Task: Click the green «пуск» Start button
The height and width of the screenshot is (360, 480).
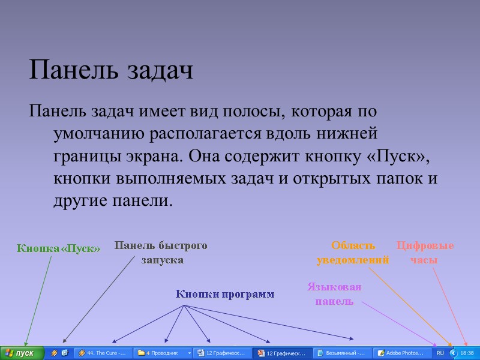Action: (22, 353)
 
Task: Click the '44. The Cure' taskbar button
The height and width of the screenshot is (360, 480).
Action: (103, 353)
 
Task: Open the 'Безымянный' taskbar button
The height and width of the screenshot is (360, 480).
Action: (341, 353)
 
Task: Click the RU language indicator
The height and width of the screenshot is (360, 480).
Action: (440, 353)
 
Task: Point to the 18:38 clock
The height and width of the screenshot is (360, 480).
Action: (467, 353)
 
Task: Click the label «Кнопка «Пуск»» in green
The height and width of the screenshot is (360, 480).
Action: (58, 248)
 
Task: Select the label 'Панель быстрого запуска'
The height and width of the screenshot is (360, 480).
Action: (161, 253)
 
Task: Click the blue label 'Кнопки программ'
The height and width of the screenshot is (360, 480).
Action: (225, 295)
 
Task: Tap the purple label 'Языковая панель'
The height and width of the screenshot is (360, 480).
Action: (334, 294)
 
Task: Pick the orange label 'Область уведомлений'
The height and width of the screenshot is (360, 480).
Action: (353, 253)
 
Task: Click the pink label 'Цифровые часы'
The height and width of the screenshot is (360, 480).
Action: (425, 253)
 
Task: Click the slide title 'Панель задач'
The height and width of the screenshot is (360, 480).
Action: (111, 71)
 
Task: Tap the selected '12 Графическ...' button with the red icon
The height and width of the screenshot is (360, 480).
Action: (282, 353)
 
